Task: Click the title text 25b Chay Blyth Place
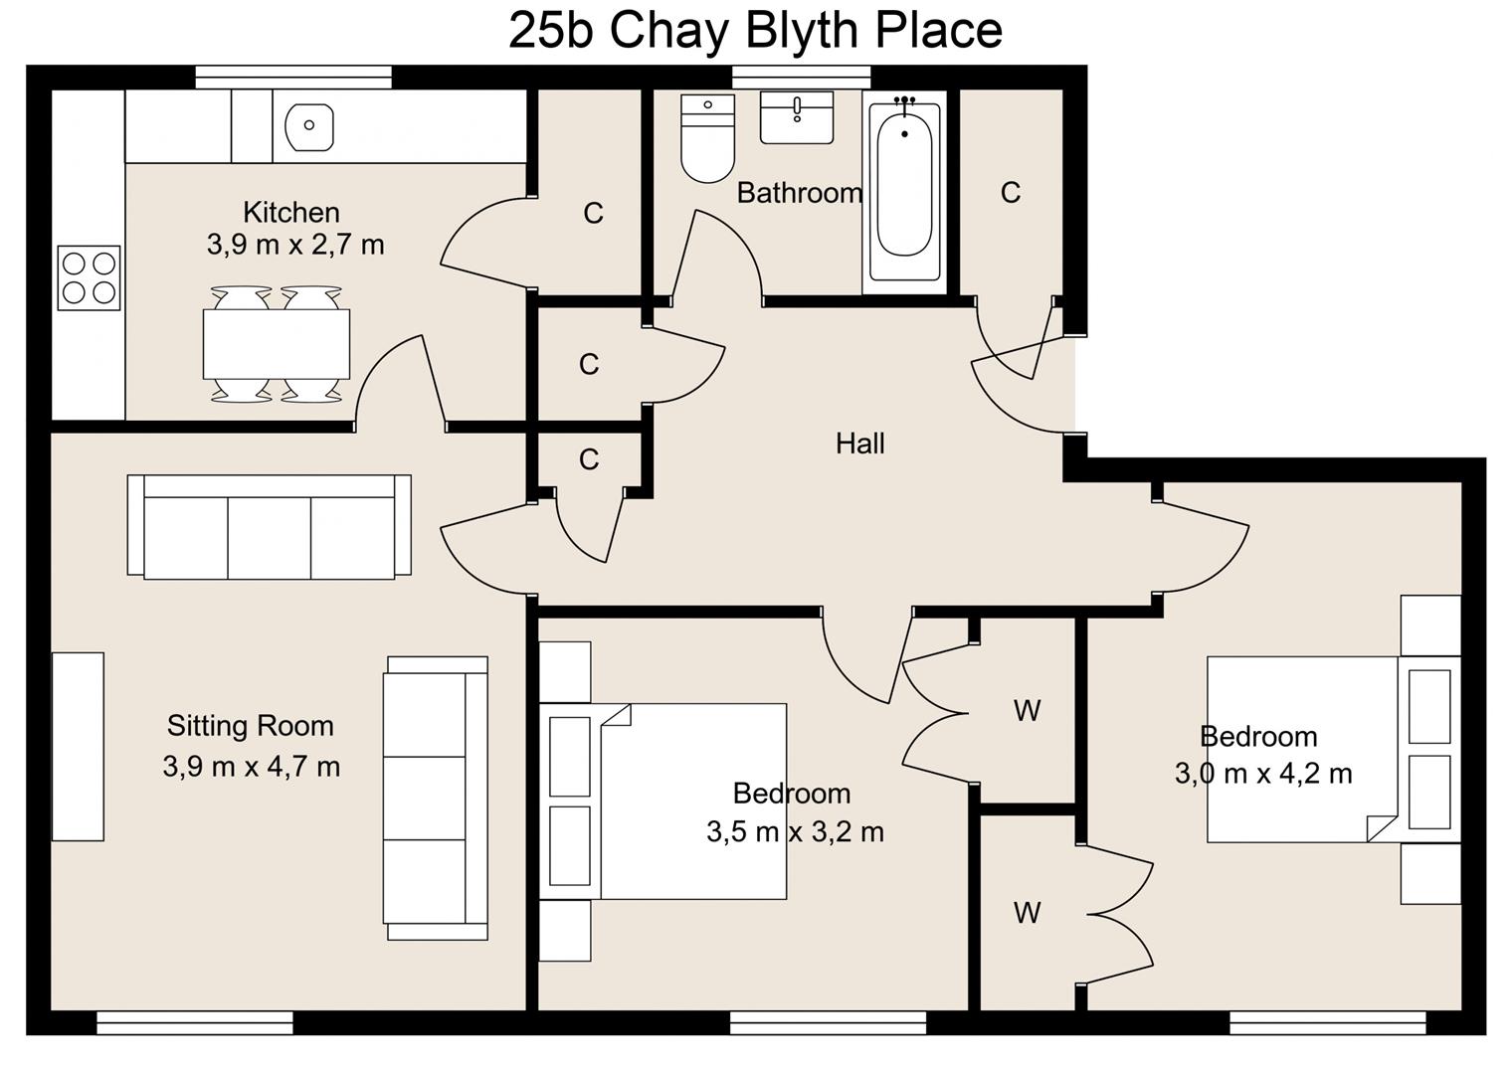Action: (x=755, y=30)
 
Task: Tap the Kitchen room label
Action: (x=291, y=212)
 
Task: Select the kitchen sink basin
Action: (x=308, y=126)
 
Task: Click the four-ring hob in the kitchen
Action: (x=89, y=277)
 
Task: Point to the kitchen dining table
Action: (x=276, y=344)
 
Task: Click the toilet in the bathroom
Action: (x=707, y=140)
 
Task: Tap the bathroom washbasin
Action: (x=797, y=117)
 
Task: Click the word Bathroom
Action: (x=799, y=193)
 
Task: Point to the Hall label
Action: (x=859, y=444)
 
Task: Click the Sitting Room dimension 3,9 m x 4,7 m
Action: (x=251, y=767)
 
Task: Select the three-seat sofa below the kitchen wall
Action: (x=269, y=526)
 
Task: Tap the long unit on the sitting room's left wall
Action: (x=78, y=746)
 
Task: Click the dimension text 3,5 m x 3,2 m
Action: (x=795, y=831)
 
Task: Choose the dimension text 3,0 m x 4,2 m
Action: (x=1263, y=774)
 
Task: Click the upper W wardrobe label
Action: (x=1027, y=710)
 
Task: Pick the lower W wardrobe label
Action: (x=1027, y=912)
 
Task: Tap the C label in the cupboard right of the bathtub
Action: (x=1010, y=192)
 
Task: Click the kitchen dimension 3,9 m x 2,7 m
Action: (x=295, y=245)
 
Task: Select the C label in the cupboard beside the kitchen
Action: (x=593, y=213)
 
